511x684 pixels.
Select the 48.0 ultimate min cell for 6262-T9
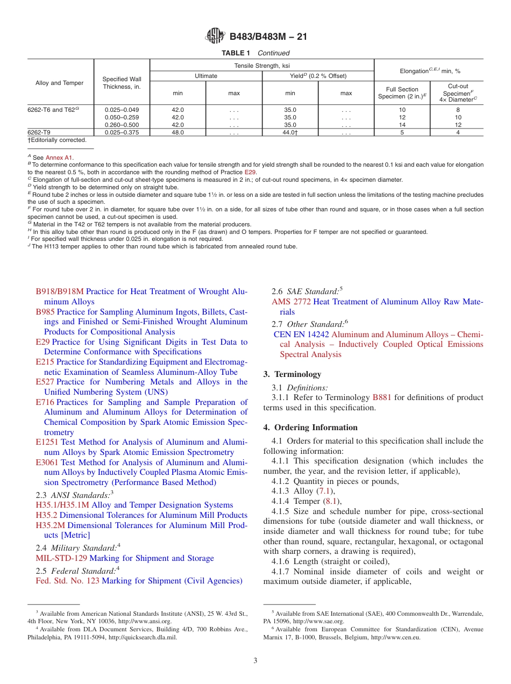[x=178, y=132]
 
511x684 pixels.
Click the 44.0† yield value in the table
[x=290, y=132]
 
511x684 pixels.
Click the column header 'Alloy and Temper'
[x=59, y=83]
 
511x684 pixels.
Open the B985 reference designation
[x=45, y=312]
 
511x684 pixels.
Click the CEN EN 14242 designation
[x=302, y=334]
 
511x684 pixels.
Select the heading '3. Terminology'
[x=292, y=374]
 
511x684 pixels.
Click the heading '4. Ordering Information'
[x=310, y=427]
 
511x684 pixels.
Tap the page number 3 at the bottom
[x=256, y=660]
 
